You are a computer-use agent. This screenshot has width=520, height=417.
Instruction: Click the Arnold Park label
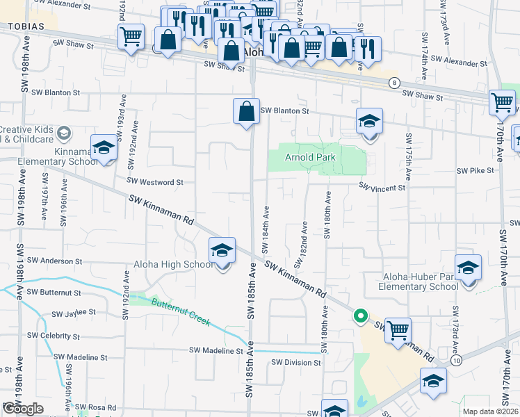(x=310, y=158)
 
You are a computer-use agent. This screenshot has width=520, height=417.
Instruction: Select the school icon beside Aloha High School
(x=222, y=252)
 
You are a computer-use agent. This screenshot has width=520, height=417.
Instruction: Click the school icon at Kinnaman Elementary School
(x=104, y=148)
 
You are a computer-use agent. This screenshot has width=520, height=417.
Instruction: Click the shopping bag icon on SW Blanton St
(x=246, y=111)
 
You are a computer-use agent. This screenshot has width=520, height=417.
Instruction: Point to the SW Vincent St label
(x=382, y=188)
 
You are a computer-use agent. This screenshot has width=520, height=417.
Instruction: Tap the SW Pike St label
(x=475, y=170)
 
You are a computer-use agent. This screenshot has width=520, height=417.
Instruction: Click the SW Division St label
(x=296, y=362)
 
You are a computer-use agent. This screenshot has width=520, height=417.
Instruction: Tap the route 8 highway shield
(x=394, y=82)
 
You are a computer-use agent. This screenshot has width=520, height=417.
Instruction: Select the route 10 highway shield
(x=455, y=361)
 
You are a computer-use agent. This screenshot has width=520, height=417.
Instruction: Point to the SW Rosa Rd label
(x=96, y=407)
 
